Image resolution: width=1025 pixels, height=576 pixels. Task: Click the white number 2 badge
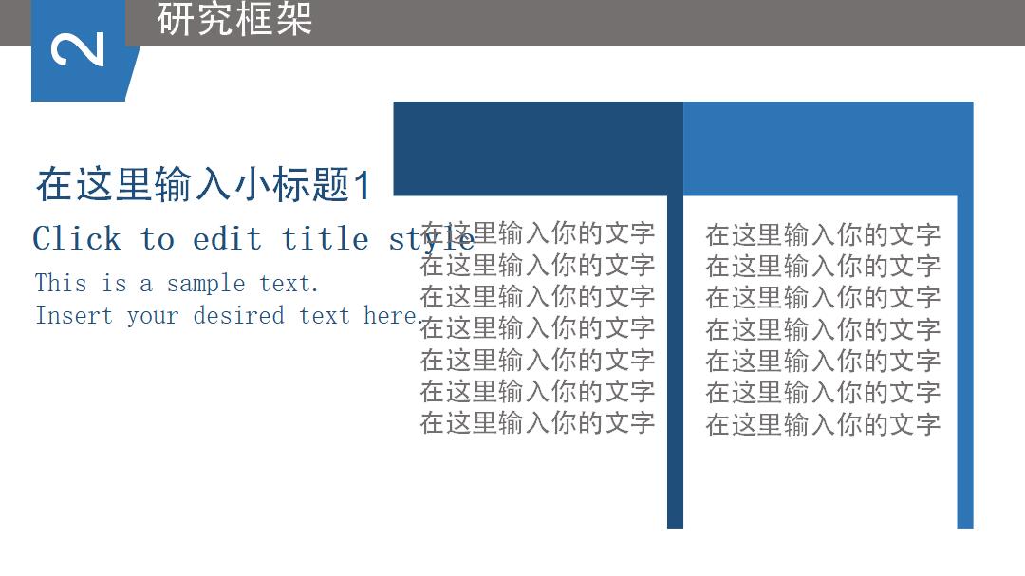[78, 49]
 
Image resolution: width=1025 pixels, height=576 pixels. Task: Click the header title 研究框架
[234, 19]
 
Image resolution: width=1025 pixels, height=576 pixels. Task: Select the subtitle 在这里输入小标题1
[203, 184]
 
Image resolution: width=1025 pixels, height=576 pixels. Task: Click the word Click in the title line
[77, 238]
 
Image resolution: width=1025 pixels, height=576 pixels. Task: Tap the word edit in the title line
[227, 238]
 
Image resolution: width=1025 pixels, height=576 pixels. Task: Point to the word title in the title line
[326, 238]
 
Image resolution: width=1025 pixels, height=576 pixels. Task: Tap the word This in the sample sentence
[61, 283]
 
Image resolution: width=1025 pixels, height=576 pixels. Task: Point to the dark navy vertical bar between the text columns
[675, 380]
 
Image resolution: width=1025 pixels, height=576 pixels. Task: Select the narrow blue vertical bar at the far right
[965, 380]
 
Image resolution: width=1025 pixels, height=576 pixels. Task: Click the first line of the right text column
[823, 234]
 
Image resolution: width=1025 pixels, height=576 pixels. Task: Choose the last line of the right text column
[823, 424]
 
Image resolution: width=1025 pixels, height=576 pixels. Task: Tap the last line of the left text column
[537, 422]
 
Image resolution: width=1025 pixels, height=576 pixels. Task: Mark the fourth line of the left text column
[537, 328]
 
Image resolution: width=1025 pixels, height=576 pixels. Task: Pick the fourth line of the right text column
[823, 329]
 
